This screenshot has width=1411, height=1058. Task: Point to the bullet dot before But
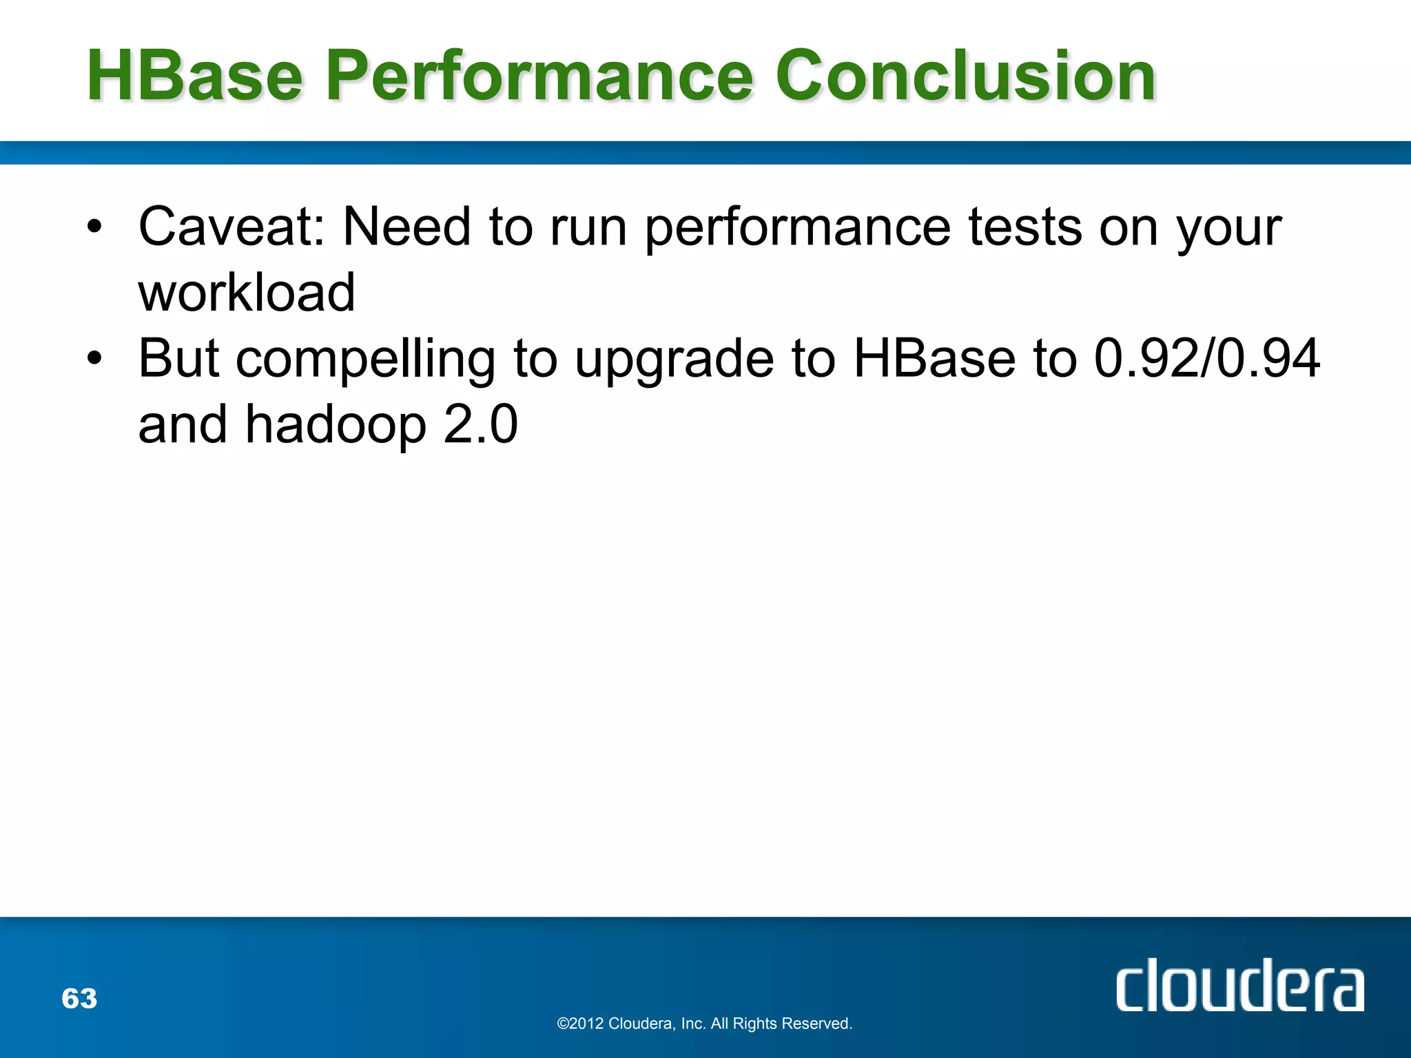click(x=94, y=357)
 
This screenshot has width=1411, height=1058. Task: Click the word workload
click(x=247, y=293)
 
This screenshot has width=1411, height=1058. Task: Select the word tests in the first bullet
click(x=1025, y=227)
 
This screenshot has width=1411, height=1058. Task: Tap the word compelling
click(x=365, y=360)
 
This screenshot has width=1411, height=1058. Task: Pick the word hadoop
click(x=336, y=425)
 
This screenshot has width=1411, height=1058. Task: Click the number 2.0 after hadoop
click(x=480, y=424)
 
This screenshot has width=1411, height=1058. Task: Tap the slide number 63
click(x=79, y=998)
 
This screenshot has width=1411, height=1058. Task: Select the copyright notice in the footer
click(x=704, y=1024)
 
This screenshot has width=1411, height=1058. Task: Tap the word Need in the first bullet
click(x=406, y=227)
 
